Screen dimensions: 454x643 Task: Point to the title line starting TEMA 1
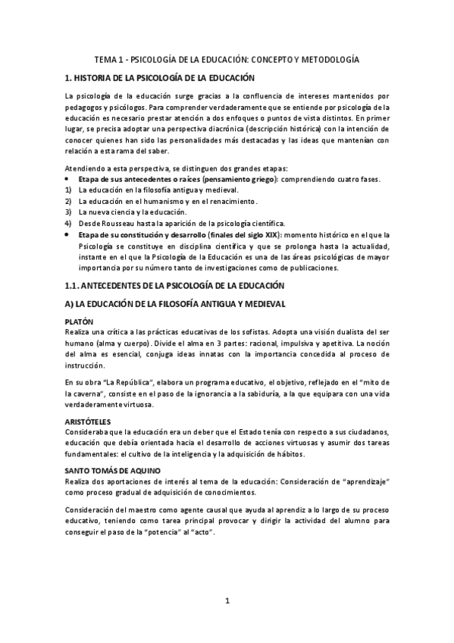(227, 58)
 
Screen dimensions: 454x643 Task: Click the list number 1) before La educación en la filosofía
(68, 190)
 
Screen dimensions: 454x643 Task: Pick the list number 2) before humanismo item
(68, 201)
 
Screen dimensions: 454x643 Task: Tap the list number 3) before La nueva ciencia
(68, 212)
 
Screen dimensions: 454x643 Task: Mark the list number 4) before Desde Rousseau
(68, 224)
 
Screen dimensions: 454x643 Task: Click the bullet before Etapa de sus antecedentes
(68, 179)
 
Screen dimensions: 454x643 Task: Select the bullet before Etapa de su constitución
(68, 235)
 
